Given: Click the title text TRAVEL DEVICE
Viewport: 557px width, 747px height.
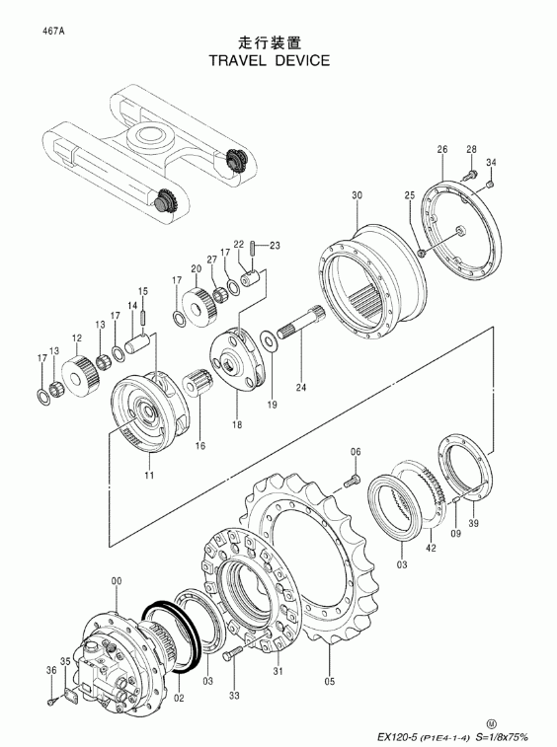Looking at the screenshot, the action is click(x=270, y=60).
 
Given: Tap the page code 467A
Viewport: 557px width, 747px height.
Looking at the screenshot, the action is click(x=52, y=32).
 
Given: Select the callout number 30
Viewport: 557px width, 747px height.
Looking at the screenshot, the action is click(x=358, y=194).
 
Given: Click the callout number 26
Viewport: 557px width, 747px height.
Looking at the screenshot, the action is click(x=442, y=149).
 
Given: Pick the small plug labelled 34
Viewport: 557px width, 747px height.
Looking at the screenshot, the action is click(x=489, y=184).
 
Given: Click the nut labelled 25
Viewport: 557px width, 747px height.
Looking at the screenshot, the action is click(x=422, y=252).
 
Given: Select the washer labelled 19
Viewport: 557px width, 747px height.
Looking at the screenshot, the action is click(x=268, y=340).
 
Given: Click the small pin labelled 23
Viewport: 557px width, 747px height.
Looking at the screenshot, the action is click(x=252, y=247).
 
